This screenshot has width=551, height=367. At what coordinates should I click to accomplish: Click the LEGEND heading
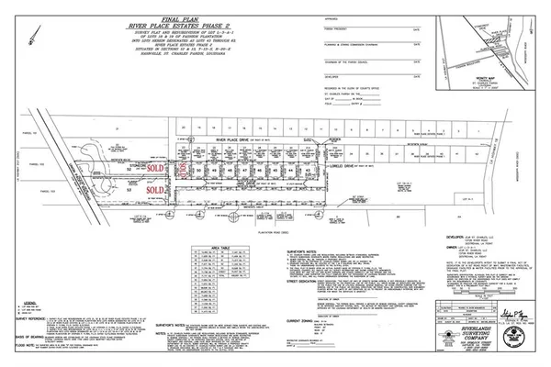tap(27, 300)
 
